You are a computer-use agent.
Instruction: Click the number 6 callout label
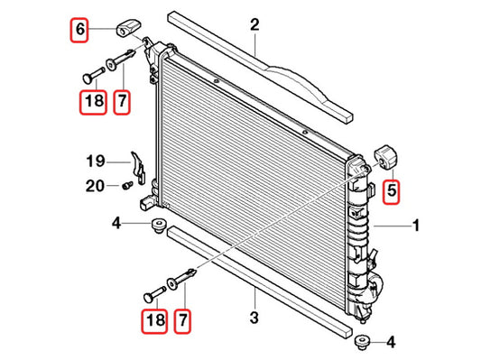pos(79,30)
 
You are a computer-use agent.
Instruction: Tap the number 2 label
pos(254,25)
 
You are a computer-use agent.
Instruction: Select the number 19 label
pos(96,161)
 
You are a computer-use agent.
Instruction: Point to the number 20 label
pos(95,186)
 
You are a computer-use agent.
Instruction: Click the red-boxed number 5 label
pos(392,191)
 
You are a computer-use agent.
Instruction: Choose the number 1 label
pos(416,226)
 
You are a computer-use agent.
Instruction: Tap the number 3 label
pos(254,318)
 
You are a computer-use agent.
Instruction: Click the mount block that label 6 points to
pos(128,28)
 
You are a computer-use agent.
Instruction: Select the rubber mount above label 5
pos(386,158)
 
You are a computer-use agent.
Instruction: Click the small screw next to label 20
pos(127,185)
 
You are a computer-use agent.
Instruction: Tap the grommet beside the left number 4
pos(159,226)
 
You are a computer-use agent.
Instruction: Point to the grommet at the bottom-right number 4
pos(362,343)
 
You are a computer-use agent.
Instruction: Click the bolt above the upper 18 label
pos(93,75)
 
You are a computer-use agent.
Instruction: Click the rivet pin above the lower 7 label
pos(181,279)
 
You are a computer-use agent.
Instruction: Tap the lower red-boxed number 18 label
pos(154,321)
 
